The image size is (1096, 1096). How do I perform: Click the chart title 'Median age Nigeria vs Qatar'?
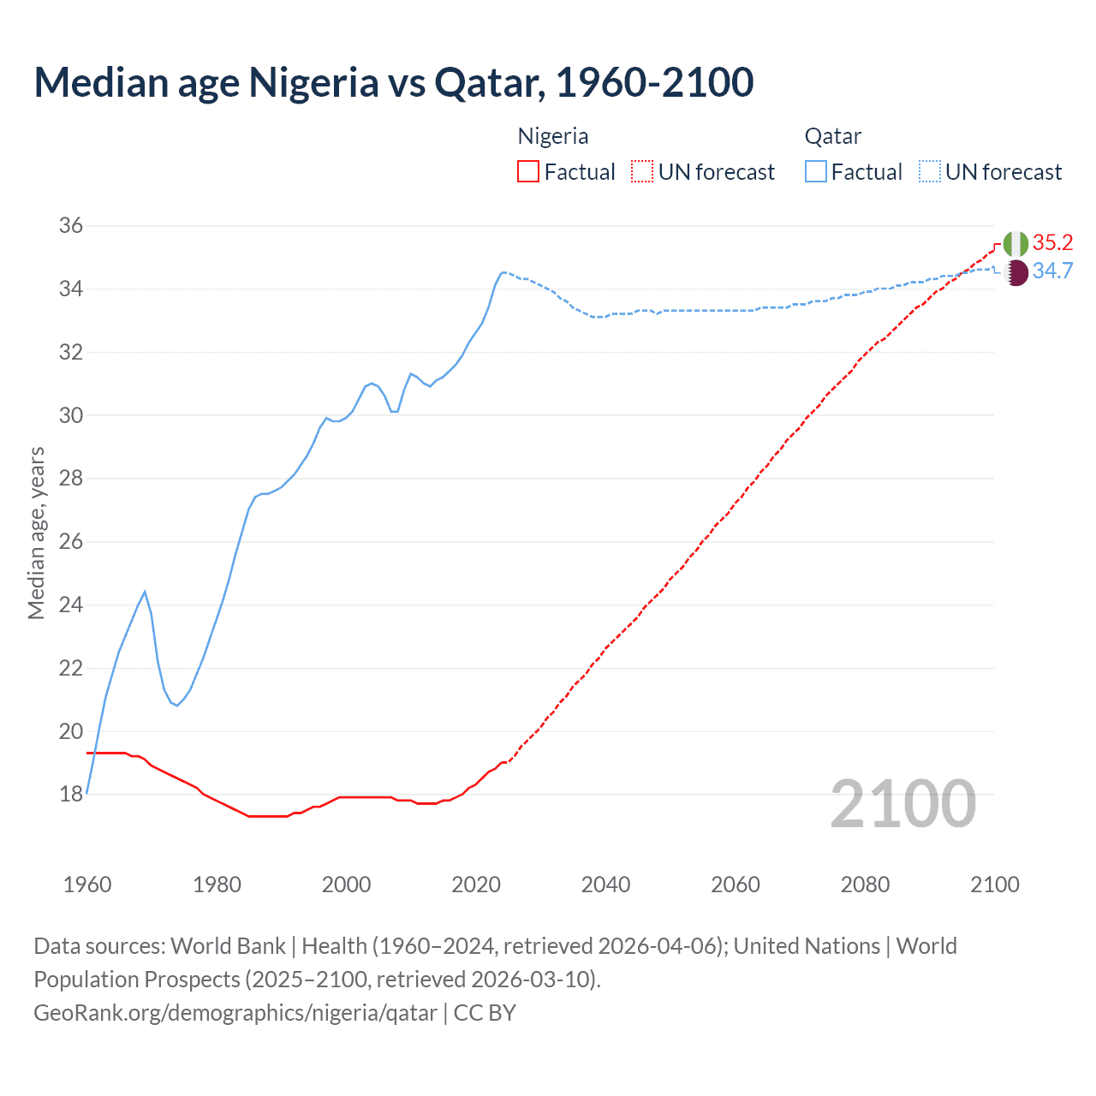(393, 82)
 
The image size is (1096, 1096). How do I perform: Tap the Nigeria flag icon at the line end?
(1016, 244)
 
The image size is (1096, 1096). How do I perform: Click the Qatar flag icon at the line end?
(1016, 273)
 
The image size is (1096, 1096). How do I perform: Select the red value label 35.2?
(1052, 243)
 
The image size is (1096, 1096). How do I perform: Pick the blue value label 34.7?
(1052, 271)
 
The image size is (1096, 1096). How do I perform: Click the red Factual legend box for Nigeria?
(528, 172)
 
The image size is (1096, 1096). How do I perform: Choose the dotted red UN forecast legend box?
(642, 172)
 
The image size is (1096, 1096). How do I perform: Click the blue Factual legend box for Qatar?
(816, 172)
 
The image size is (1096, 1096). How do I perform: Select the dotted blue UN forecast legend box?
(929, 172)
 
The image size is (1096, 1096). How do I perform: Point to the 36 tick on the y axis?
(71, 226)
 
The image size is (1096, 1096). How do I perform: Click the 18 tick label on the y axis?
(71, 795)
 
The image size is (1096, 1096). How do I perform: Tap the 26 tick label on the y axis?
(71, 542)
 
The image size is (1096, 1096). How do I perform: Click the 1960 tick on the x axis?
(87, 885)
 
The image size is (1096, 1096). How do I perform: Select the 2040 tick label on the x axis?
(605, 885)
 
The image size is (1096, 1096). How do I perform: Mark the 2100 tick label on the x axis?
(994, 885)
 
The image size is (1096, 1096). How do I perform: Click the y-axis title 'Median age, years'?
(36, 533)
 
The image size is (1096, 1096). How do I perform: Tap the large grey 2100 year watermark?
(903, 803)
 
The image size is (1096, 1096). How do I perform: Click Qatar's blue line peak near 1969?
(145, 592)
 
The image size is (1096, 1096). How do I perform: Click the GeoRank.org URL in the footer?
(235, 1013)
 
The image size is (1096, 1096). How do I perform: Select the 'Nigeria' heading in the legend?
(553, 136)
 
